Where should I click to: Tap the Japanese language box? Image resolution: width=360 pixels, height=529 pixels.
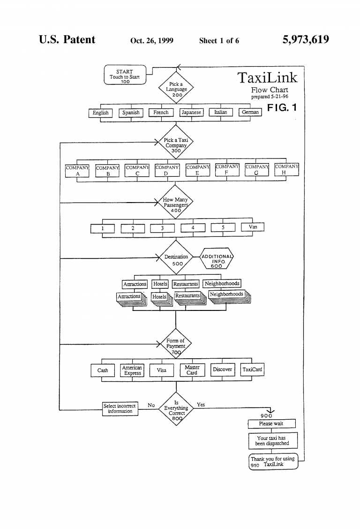(191, 113)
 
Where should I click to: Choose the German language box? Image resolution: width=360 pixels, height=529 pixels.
(250, 113)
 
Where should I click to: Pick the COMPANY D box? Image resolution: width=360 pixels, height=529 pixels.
(167, 170)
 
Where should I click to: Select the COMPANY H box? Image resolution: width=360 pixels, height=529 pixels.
(286, 169)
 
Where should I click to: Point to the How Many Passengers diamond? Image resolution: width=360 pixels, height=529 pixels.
(175, 203)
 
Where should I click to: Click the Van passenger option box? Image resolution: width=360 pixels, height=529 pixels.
(253, 227)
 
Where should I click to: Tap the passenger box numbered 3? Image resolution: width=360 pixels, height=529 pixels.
(162, 228)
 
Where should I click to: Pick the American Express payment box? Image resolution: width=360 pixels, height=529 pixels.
(132, 370)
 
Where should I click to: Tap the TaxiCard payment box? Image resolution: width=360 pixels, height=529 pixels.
(252, 370)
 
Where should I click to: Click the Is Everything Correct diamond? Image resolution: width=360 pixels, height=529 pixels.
(176, 408)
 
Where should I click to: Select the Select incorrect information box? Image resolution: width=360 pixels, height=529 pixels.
(120, 408)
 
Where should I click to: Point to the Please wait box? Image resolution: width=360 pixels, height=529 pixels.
(272, 424)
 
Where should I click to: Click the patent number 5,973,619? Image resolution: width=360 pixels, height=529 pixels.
(305, 40)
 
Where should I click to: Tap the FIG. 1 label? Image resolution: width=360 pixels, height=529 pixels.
(282, 108)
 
